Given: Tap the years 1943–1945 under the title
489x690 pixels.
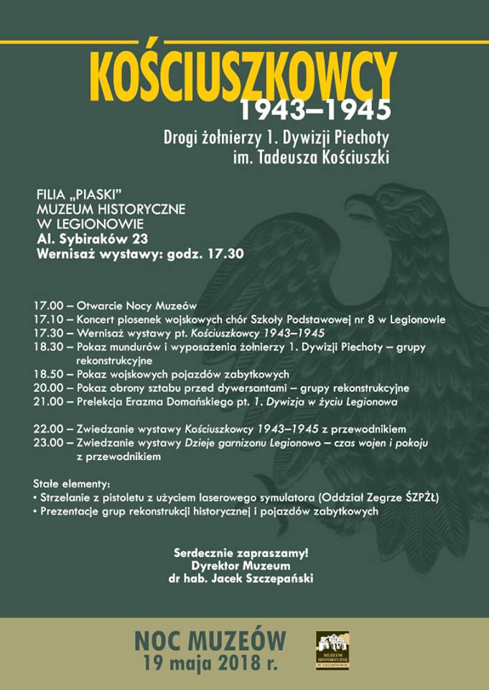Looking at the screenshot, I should pyautogui.click(x=315, y=110).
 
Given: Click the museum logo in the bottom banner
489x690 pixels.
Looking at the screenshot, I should pyautogui.click(x=332, y=650).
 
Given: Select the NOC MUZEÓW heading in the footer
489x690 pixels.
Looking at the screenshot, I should pyautogui.click(x=210, y=640).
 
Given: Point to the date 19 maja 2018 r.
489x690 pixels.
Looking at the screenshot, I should pyautogui.click(x=210, y=663).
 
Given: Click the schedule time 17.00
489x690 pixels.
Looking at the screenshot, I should pyautogui.click(x=47, y=306).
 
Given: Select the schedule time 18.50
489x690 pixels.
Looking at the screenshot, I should pyautogui.click(x=47, y=374).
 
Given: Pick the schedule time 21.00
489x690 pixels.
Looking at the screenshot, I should pyautogui.click(x=47, y=401).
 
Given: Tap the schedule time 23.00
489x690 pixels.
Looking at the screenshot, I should pyautogui.click(x=47, y=443).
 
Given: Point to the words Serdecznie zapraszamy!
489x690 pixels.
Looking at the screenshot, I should pyautogui.click(x=241, y=553).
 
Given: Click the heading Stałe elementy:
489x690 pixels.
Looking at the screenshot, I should pyautogui.click(x=72, y=484).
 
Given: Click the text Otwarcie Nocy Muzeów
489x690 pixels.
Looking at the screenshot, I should pyautogui.click(x=136, y=306).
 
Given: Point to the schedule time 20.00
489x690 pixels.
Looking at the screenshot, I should pyautogui.click(x=47, y=387).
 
